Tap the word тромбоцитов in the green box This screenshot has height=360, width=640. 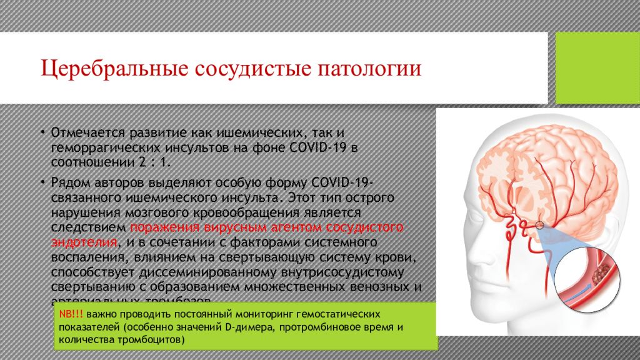pyautogui.click(x=154, y=341)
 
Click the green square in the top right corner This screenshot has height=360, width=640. pyautogui.click(x=597, y=67)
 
